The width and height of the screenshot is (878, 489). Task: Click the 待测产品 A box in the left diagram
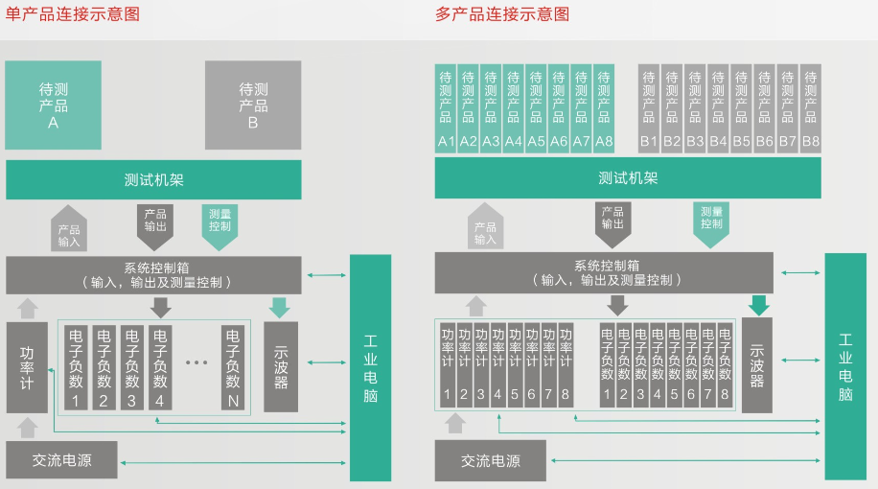(x=53, y=105)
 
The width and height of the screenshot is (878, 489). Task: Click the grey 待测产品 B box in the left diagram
(x=253, y=105)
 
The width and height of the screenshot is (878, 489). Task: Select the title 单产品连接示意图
(x=73, y=14)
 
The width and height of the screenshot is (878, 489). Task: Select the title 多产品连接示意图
(x=502, y=14)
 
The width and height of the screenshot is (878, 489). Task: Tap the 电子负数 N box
(x=232, y=367)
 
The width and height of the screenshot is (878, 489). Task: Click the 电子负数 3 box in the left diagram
(x=132, y=367)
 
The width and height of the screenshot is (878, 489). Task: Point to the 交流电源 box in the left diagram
(x=62, y=460)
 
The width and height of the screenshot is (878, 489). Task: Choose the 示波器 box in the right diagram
(x=757, y=365)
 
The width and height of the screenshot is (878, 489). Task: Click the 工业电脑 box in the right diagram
(x=845, y=367)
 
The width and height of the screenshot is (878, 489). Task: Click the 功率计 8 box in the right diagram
(x=566, y=364)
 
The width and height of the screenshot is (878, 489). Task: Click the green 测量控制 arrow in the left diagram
(x=219, y=225)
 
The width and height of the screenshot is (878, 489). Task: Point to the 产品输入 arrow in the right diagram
(x=486, y=227)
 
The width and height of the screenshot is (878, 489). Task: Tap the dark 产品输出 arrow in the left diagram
(x=155, y=225)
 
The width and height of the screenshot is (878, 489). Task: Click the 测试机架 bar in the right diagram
(x=628, y=178)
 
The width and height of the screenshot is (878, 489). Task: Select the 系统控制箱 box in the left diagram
(x=153, y=275)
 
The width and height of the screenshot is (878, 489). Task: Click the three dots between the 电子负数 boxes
(x=196, y=362)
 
